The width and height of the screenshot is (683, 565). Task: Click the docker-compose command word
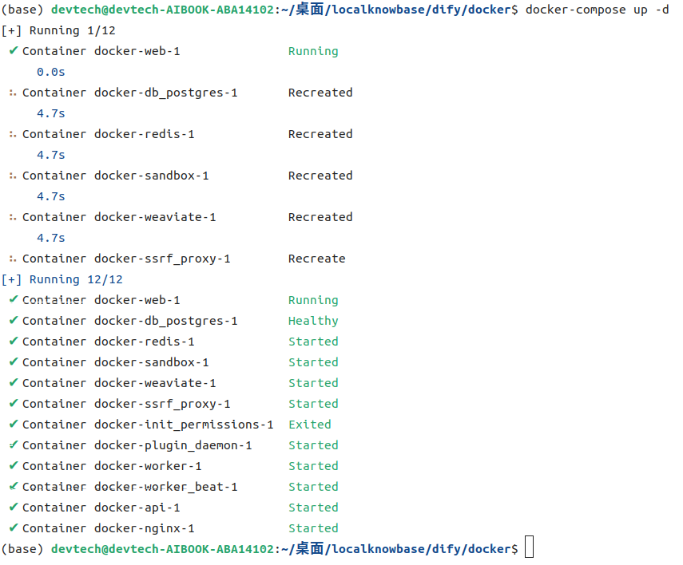[575, 10]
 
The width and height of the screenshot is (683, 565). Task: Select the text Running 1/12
[73, 31]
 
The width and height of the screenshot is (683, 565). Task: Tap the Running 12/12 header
[76, 279]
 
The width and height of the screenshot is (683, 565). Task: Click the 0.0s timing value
[51, 72]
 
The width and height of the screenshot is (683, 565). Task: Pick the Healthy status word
[313, 322]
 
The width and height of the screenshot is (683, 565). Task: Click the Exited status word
[310, 425]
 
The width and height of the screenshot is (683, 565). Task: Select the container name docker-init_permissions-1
[184, 425]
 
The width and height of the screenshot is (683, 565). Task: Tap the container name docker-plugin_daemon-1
[173, 446]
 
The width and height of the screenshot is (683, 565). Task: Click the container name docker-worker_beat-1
[166, 487]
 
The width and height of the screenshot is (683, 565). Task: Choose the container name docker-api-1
[137, 508]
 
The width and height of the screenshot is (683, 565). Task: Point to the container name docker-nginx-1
[144, 528]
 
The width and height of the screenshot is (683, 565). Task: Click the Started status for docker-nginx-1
[313, 528]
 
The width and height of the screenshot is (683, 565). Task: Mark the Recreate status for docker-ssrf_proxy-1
[316, 259]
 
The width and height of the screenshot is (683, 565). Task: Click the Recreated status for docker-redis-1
[320, 134]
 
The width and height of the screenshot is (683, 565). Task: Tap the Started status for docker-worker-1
[313, 466]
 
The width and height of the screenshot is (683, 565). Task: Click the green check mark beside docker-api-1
[14, 507]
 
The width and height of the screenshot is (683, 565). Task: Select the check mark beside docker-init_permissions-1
[14, 424]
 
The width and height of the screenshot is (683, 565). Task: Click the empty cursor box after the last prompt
[530, 547]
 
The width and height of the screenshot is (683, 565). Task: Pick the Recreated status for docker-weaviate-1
[320, 217]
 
